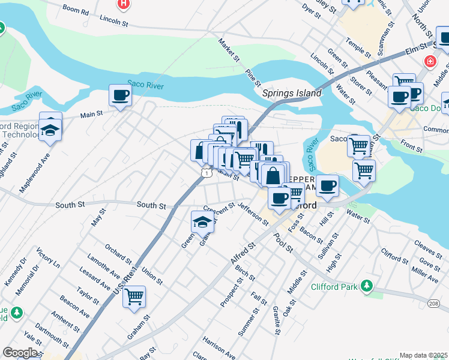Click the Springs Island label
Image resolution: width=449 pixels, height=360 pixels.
point(292,94)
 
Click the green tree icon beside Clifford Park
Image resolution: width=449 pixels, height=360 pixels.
point(365,287)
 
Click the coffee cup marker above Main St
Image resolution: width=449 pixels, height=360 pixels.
point(120,95)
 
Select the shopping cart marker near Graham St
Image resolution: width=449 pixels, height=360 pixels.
point(134,296)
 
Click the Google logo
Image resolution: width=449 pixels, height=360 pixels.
point(20,353)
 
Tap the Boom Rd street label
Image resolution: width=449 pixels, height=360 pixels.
point(76,11)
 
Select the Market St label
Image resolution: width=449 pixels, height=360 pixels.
point(229,51)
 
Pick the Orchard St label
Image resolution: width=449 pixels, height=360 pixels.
point(118,254)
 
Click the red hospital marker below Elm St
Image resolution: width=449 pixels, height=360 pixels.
point(430,61)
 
